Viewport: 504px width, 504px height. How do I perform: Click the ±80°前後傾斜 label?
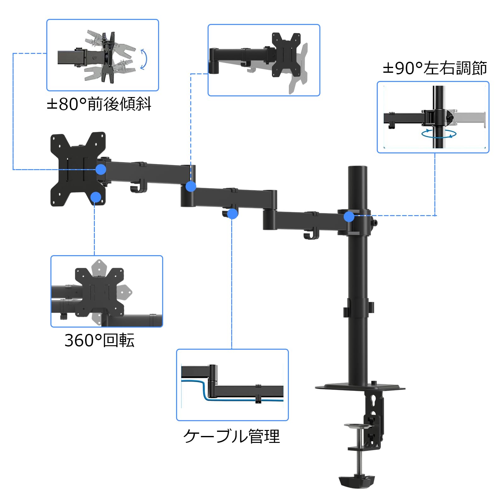pos(99,104)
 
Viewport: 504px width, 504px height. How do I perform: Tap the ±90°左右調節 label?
pos(435,68)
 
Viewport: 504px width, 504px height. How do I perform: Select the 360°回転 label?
pos(100,340)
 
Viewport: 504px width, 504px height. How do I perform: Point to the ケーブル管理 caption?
pos(232,436)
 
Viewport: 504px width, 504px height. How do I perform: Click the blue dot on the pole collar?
pos(349,216)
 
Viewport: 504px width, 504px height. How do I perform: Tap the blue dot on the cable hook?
pos(232,214)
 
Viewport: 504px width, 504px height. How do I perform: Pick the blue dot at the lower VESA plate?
pos(96,197)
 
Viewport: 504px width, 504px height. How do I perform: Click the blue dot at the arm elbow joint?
pos(191,186)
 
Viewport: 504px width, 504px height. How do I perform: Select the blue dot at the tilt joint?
pos(101,169)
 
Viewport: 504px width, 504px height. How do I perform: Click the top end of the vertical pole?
pos(358,167)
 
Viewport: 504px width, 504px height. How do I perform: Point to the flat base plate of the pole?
pos(360,387)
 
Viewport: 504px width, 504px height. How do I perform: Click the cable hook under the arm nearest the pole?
pos(311,234)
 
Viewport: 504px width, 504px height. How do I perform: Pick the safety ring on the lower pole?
pos(358,308)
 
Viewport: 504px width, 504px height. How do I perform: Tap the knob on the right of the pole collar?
pos(374,223)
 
